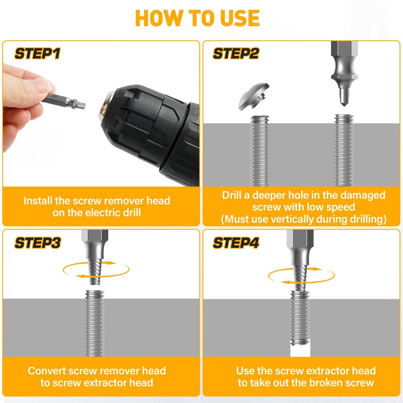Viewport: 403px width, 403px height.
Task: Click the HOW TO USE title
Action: point(197,19)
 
